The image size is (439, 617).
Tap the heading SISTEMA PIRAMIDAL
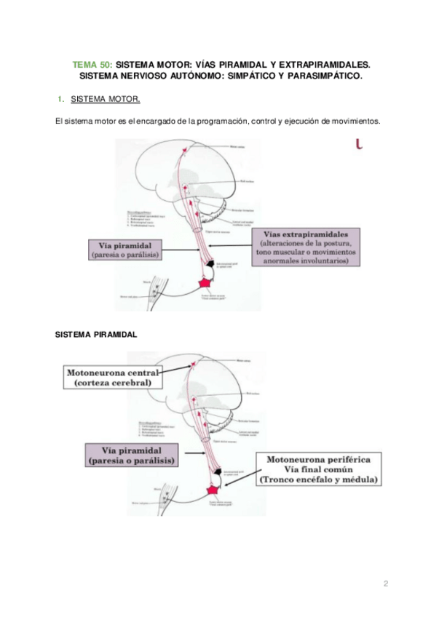96,335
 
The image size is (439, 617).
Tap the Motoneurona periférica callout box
320,470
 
